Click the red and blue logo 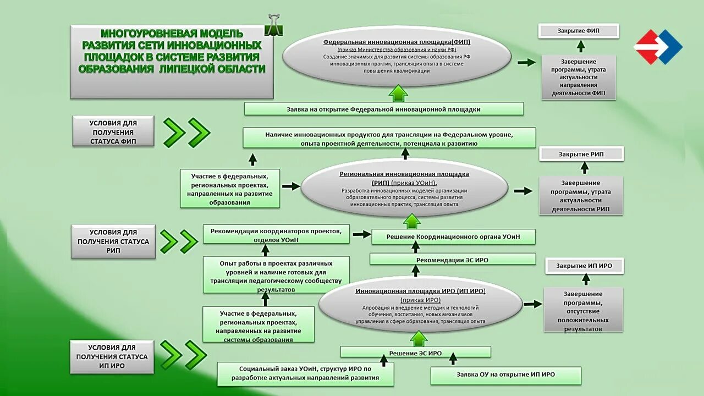(x=658, y=47)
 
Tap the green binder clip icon (x=271, y=25)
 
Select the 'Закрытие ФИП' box (x=578, y=31)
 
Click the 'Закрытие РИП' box (x=581, y=154)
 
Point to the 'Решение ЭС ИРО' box (x=415, y=353)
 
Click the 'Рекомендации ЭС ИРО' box (x=452, y=259)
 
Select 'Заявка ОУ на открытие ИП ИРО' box (x=505, y=375)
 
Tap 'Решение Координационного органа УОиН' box (x=453, y=237)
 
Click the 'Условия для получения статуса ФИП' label (x=113, y=132)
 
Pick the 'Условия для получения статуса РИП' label (x=113, y=241)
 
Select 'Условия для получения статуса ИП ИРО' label (x=112, y=356)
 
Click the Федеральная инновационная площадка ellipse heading (x=397, y=42)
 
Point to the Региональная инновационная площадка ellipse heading (x=404, y=174)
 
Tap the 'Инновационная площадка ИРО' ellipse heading (x=420, y=291)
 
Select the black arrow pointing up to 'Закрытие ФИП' (x=580, y=47)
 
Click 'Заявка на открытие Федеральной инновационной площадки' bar (x=383, y=109)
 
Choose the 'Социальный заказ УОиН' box (x=305, y=373)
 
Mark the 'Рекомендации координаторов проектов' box (x=276, y=234)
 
